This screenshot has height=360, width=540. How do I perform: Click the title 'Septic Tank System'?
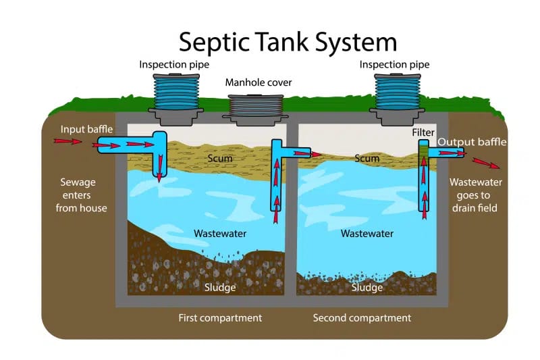tap(287, 41)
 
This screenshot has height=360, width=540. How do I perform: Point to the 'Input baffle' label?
tap(86, 129)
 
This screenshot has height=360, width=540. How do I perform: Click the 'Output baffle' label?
tap(472, 142)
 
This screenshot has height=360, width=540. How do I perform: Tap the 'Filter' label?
tap(423, 133)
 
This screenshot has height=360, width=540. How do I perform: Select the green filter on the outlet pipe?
tap(423, 154)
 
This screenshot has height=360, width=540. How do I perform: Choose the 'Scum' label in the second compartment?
tap(367, 158)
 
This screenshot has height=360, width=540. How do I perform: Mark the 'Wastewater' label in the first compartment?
tap(220, 233)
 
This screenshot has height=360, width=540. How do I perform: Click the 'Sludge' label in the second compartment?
tap(367, 287)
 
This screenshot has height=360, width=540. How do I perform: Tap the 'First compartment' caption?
tap(220, 317)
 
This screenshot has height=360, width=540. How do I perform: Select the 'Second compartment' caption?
tap(362, 317)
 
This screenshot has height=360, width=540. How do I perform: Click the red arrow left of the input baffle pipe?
tap(67, 142)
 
